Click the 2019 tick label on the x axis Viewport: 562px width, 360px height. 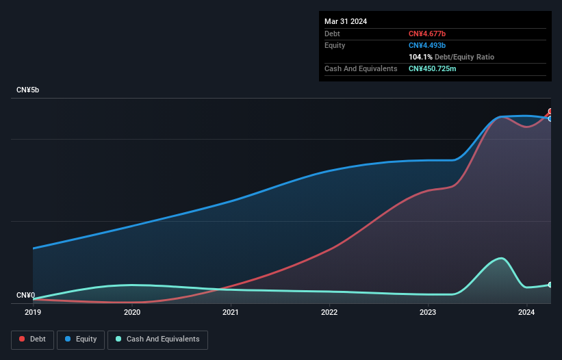[33, 312]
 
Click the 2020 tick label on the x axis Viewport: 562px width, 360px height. [132, 312]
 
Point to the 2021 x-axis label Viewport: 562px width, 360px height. [231, 312]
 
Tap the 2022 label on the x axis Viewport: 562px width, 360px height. [329, 312]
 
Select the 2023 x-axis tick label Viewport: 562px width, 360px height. [428, 312]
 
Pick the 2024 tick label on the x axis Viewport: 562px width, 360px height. [526, 312]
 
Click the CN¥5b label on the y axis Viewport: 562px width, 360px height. [28, 90]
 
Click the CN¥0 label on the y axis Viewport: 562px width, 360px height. [25, 296]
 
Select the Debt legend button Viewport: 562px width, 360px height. [31, 339]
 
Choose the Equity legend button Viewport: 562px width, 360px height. [81, 339]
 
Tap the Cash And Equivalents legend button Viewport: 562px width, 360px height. [157, 339]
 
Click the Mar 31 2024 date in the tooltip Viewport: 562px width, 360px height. [346, 21]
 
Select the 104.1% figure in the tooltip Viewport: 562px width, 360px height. [420, 57]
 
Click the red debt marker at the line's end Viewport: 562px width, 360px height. [550, 112]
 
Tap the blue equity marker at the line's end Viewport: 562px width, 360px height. [550, 118]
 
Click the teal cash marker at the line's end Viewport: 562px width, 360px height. [550, 285]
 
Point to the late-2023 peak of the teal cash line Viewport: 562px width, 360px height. [502, 258]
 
